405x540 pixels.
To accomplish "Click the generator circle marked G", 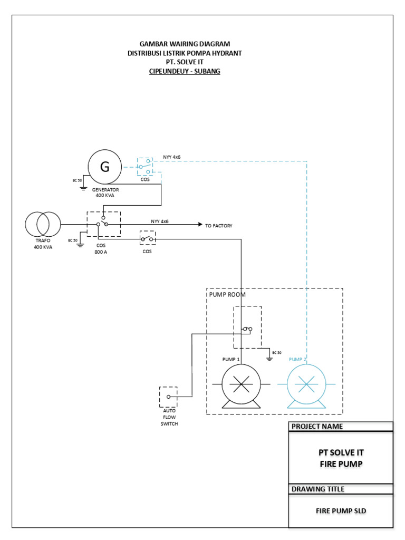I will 104,167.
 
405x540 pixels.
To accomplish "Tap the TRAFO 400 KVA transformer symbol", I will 43,225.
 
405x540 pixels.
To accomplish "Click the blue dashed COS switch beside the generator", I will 145,166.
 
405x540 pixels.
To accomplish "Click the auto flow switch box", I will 168,397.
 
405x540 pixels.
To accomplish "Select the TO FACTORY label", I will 218,226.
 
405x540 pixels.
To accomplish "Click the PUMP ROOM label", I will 227,295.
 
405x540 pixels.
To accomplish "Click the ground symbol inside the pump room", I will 269,358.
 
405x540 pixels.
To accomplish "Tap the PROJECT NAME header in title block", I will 317,426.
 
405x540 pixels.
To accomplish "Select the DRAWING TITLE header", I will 318,489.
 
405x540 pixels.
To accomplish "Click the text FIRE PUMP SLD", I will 341,510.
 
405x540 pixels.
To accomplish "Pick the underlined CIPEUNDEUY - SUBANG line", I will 185,71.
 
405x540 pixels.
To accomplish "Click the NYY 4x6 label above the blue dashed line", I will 172,157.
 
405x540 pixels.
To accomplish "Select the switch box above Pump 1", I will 247,327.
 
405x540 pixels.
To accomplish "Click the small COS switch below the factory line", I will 147,239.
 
